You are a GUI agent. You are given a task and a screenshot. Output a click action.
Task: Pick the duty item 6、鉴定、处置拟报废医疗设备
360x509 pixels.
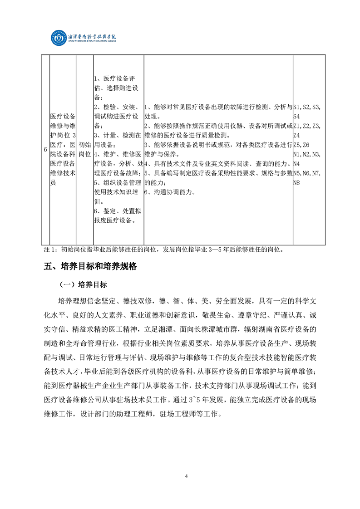point(115,216)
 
